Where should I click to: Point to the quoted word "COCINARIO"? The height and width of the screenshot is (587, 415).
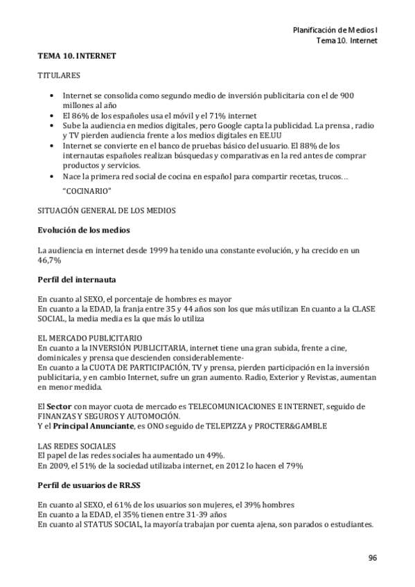[x=87, y=190]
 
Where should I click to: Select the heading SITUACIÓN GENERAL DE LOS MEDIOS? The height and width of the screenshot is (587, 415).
[x=107, y=210]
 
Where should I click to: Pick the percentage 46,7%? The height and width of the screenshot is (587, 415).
[x=49, y=259]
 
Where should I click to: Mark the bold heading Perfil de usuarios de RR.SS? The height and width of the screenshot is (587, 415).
[x=92, y=485]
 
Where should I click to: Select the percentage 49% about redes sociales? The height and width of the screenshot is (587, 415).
[x=213, y=455]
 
